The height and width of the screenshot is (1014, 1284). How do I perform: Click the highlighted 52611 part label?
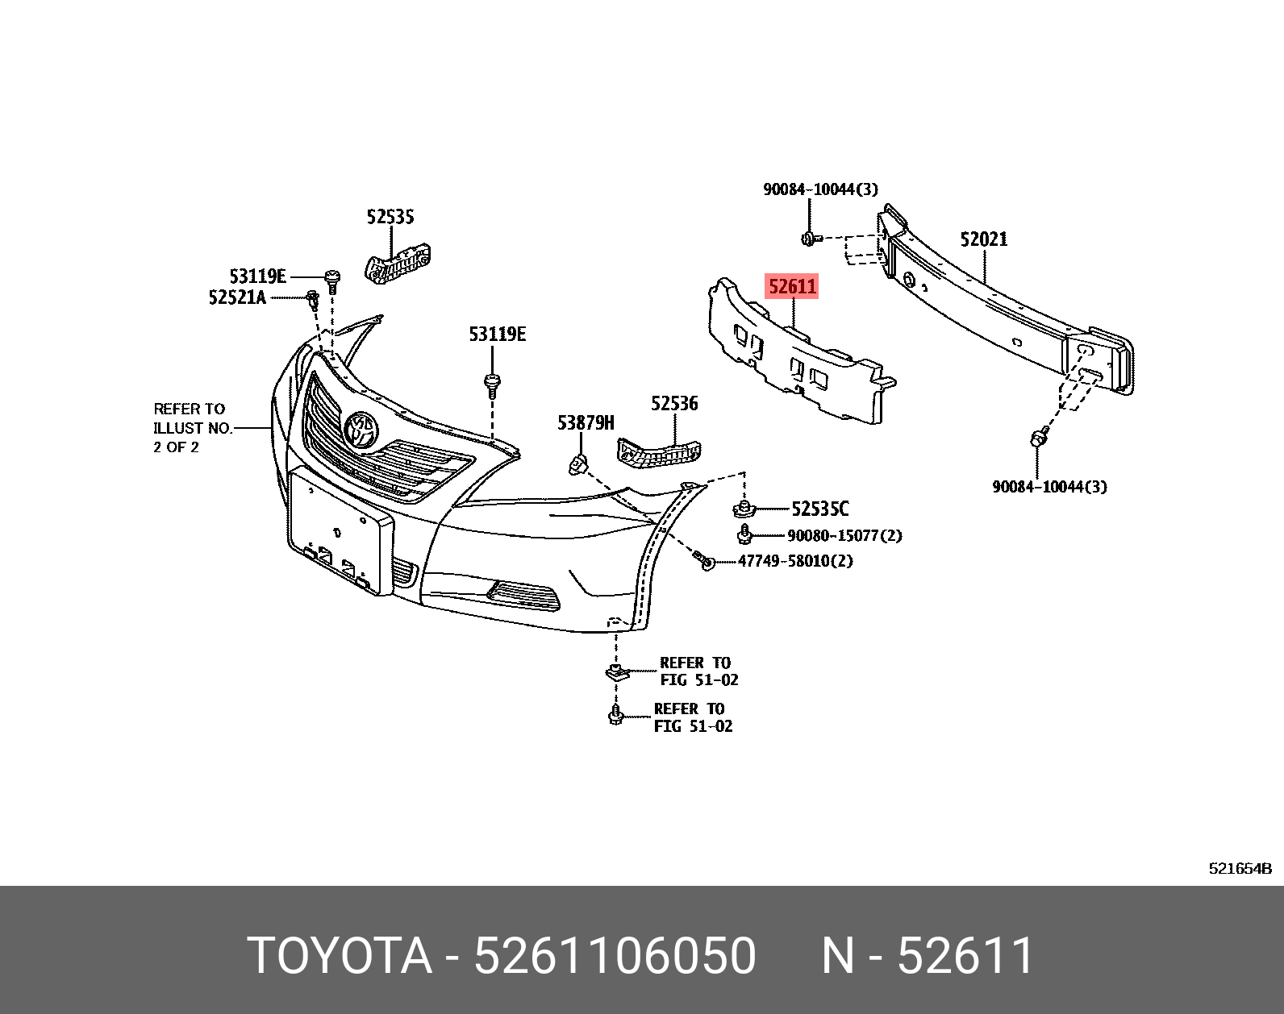792,286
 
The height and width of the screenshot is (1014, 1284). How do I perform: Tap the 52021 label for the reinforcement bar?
983,239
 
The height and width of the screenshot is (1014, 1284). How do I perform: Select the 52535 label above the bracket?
390,217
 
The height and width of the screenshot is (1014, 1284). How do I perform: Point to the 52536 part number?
674,404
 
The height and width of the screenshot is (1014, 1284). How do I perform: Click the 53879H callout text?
586,423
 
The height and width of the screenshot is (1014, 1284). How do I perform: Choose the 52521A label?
237,297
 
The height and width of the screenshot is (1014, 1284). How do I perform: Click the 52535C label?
819,509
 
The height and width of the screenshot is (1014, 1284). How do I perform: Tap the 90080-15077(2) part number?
844,536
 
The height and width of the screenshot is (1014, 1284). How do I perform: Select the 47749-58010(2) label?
795,561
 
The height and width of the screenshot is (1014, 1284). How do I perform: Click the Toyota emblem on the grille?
361,428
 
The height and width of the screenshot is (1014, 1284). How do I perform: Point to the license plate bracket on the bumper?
339,532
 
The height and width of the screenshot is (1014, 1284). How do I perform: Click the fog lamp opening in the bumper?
523,596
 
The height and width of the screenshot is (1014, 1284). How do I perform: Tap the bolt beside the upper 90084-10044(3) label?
810,239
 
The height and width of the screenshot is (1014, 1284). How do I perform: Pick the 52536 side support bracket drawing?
659,452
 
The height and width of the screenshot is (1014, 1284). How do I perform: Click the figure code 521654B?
1240,868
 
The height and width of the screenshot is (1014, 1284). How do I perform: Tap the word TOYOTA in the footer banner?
340,956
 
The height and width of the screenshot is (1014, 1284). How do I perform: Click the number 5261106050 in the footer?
615,956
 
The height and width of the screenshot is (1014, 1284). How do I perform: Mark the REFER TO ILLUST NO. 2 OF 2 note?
192,428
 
